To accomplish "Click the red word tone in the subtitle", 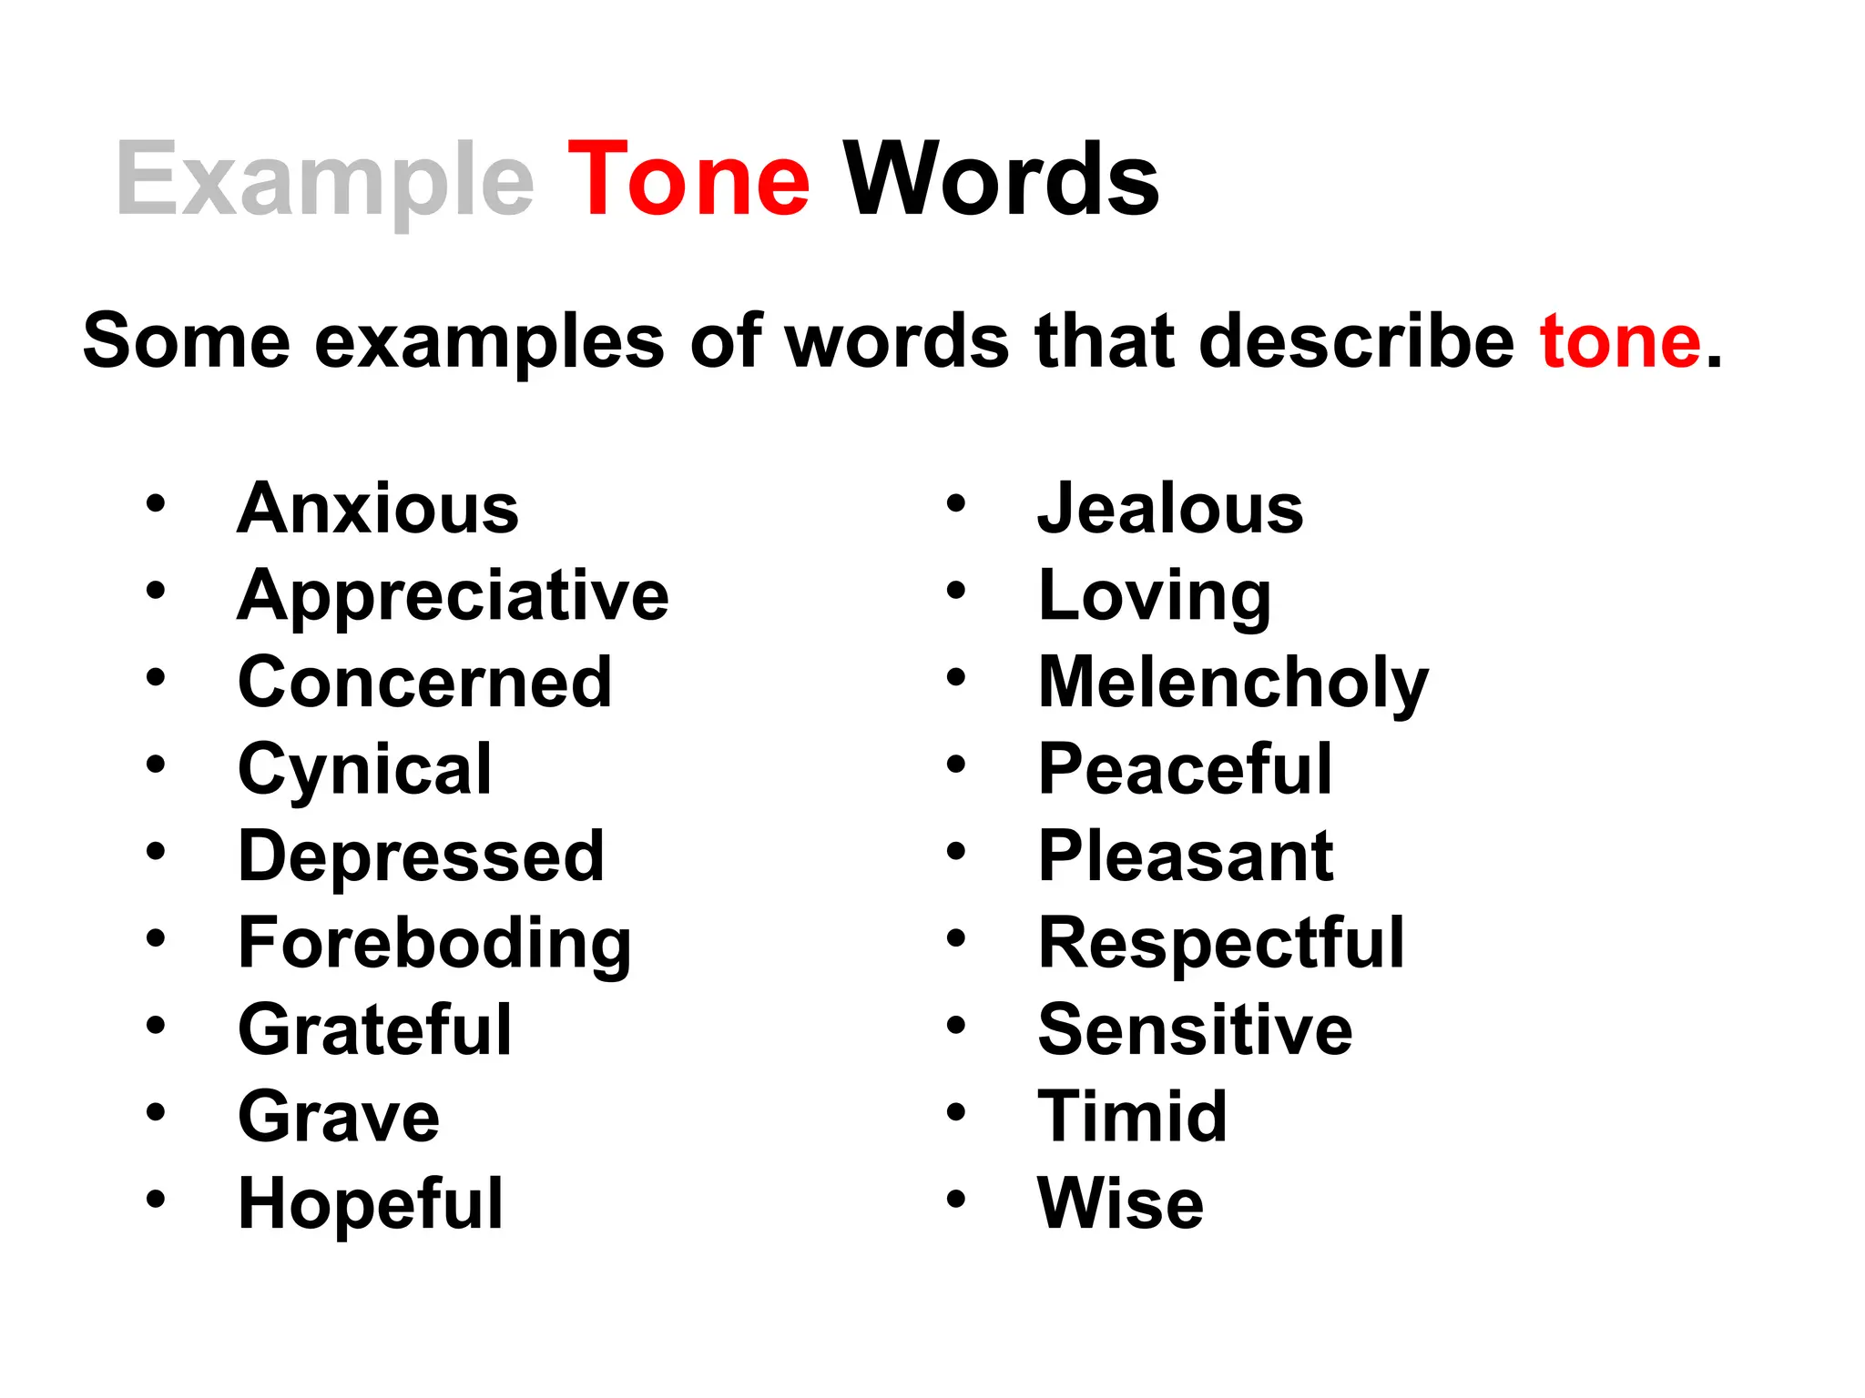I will point(1620,341).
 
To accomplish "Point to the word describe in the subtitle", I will point(1356,341).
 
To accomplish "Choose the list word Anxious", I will point(378,508).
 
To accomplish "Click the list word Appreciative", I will point(454,595).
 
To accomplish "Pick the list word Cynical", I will point(365,770).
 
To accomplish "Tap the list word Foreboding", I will point(434,944).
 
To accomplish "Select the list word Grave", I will point(339,1117).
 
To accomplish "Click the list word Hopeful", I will point(371,1203).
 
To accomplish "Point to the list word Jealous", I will point(1171,508).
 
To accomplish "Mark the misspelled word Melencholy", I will point(1233,683).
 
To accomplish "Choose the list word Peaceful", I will point(1186,769).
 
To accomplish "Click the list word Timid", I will point(1133,1117).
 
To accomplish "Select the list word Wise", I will point(1121,1203).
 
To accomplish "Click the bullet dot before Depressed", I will point(156,852).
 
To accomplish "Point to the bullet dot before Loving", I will point(955,591).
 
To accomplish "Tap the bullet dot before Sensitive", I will point(955,1026).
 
